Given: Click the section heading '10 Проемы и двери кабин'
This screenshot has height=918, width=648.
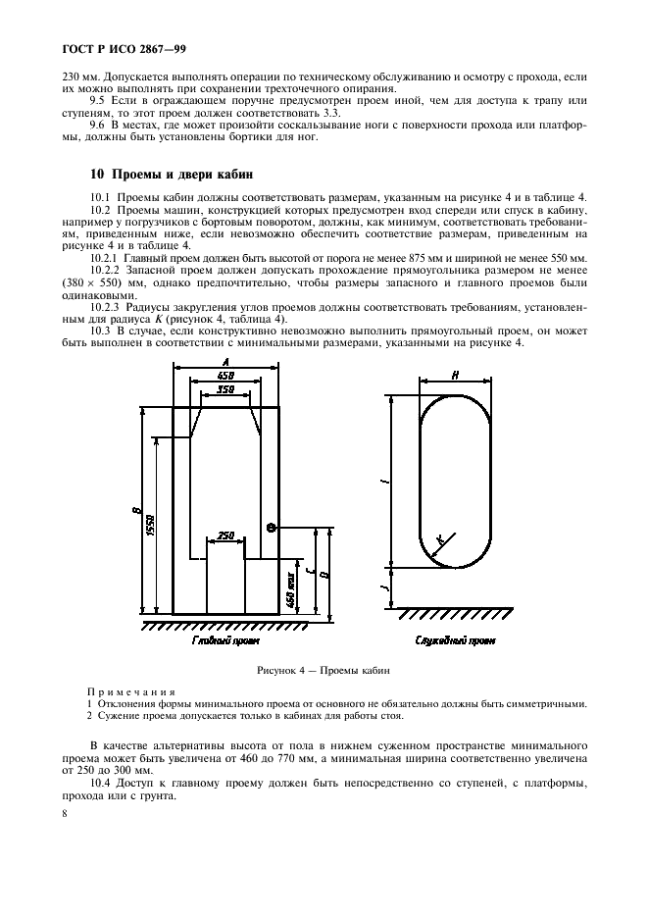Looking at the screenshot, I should [158, 174].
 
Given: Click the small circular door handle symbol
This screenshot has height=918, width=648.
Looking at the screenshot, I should [272, 528].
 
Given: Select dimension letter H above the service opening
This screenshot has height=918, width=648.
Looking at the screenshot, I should [456, 375].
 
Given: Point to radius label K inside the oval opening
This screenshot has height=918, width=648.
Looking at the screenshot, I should [440, 538].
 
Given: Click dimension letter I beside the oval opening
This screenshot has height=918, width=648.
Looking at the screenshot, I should [385, 481].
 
